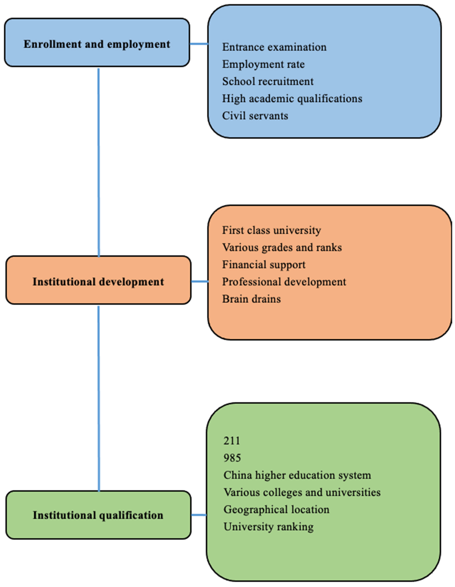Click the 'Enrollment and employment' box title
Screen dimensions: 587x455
[97, 44]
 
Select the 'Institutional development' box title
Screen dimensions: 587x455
[98, 282]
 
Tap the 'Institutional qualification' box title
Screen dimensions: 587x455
[98, 515]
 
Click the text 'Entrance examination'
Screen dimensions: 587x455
[274, 47]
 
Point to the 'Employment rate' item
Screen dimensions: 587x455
[263, 64]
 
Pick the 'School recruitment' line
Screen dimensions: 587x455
[268, 81]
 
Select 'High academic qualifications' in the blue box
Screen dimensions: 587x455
[292, 99]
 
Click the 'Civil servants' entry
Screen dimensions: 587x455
[255, 116]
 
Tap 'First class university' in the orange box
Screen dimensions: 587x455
[271, 230]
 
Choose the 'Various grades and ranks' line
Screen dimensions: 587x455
[282, 248]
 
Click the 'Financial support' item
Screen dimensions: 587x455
[264, 265]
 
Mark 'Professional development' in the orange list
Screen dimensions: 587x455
[284, 282]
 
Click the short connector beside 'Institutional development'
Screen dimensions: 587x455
[199, 282]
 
